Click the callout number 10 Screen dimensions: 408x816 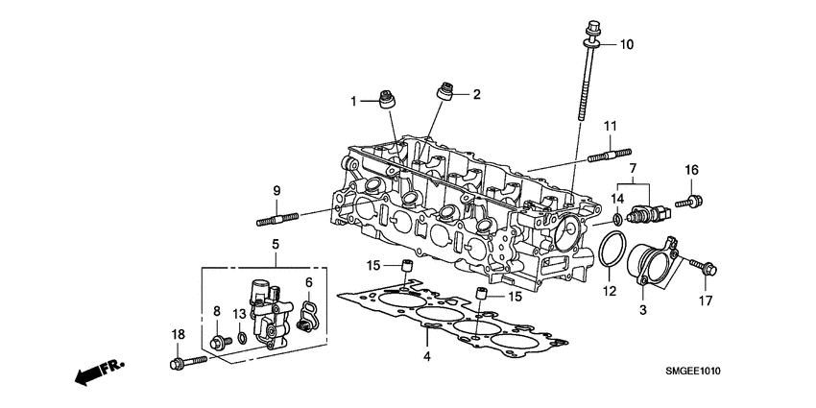626,44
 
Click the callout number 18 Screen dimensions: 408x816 178,334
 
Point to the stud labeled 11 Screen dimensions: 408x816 605,153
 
